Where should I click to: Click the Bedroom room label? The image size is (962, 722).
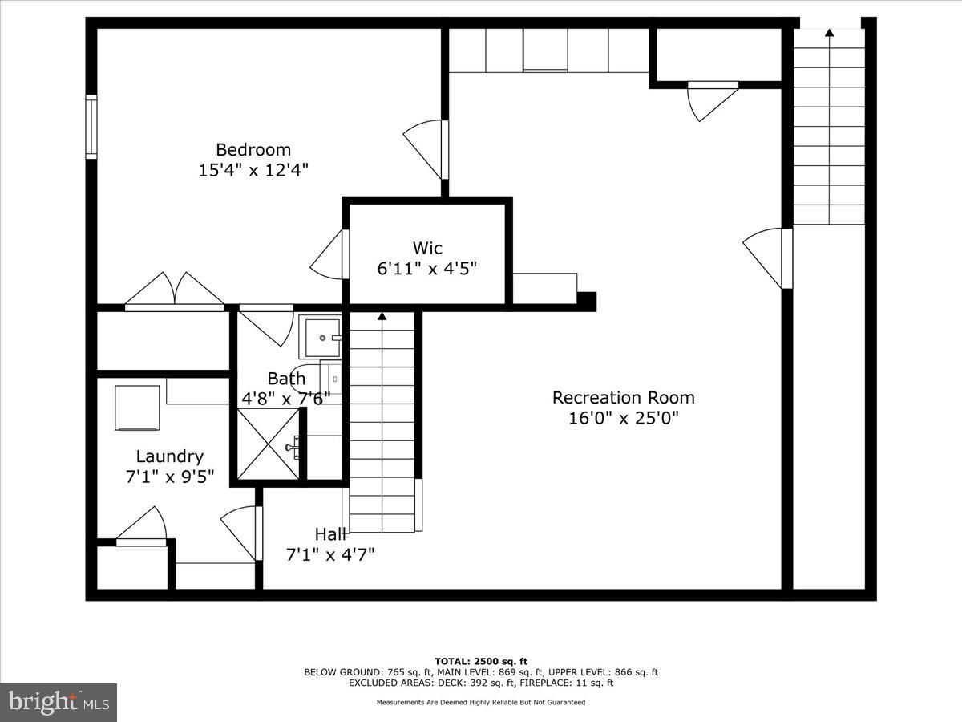[253, 149]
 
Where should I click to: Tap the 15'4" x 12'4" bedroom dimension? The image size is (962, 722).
[253, 170]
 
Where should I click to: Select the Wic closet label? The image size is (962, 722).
[427, 248]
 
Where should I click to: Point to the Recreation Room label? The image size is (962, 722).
[623, 397]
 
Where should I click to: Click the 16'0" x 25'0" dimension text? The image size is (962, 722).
[623, 418]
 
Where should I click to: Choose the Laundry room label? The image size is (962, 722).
[169, 456]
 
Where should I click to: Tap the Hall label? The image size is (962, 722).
[329, 533]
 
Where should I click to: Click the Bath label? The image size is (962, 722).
[286, 378]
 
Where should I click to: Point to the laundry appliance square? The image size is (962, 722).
[137, 408]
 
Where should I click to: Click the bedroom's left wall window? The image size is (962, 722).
[91, 127]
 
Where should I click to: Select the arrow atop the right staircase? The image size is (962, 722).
[829, 33]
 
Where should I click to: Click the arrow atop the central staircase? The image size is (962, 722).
[382, 317]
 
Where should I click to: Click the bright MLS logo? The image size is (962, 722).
[59, 702]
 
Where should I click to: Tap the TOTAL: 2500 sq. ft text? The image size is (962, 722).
[481, 661]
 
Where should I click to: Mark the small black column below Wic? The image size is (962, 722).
[587, 301]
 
